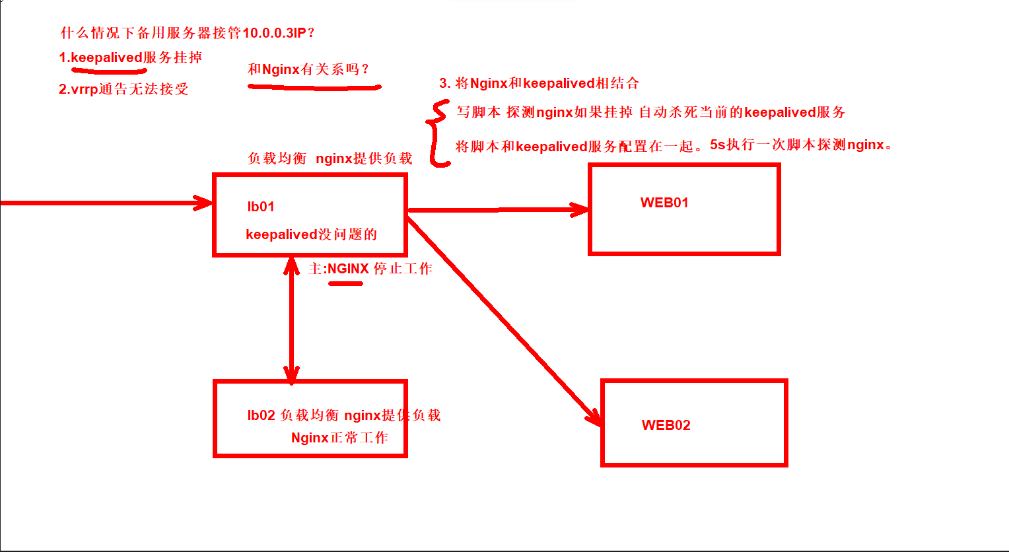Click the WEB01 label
pyautogui.click(x=664, y=203)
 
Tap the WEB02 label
pyautogui.click(x=666, y=425)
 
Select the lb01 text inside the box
pyautogui.click(x=261, y=207)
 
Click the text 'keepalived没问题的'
pyautogui.click(x=311, y=234)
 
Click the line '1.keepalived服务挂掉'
pyautogui.click(x=130, y=57)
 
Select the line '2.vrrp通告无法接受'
pyautogui.click(x=123, y=89)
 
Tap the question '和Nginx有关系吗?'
pyautogui.click(x=308, y=69)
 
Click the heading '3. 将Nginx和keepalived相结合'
pyautogui.click(x=539, y=83)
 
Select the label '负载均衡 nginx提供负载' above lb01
pyautogui.click(x=330, y=158)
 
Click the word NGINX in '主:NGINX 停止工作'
pyautogui.click(x=348, y=269)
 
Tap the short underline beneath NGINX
pyautogui.click(x=346, y=284)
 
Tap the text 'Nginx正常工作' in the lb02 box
pyautogui.click(x=339, y=438)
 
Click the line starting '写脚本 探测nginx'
pyautogui.click(x=650, y=112)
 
